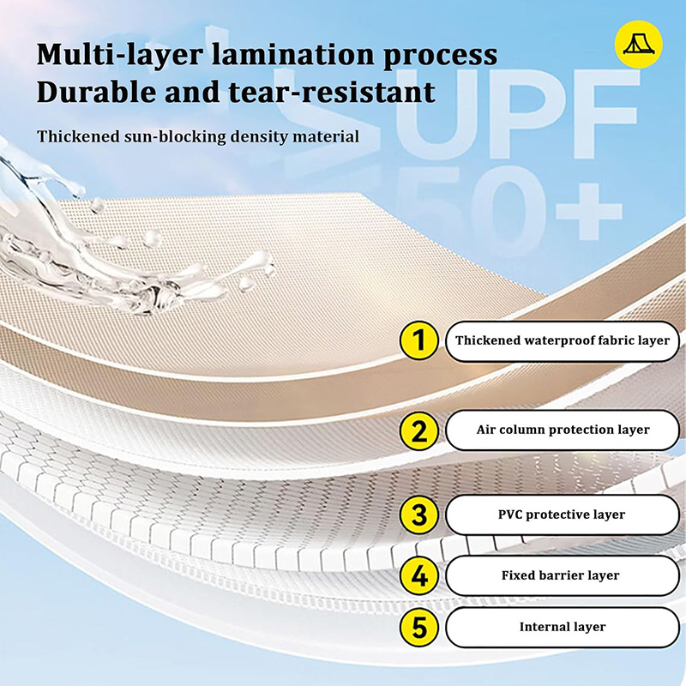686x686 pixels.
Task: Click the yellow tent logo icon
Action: (x=638, y=45)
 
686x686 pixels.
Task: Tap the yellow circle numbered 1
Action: (x=419, y=340)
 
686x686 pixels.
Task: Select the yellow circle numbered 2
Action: (x=419, y=430)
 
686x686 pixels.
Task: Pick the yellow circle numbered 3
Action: (x=419, y=514)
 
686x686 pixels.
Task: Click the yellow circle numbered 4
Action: (x=419, y=575)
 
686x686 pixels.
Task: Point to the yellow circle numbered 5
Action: (x=419, y=627)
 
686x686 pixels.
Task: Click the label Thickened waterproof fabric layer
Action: (x=563, y=340)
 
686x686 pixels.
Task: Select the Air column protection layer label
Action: (x=563, y=430)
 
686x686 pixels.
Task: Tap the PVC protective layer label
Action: (x=563, y=514)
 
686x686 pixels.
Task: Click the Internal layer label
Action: (x=563, y=627)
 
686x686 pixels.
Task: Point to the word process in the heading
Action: (x=440, y=57)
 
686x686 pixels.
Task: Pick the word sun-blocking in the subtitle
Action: (x=174, y=136)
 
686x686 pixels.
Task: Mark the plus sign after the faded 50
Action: (x=589, y=212)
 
